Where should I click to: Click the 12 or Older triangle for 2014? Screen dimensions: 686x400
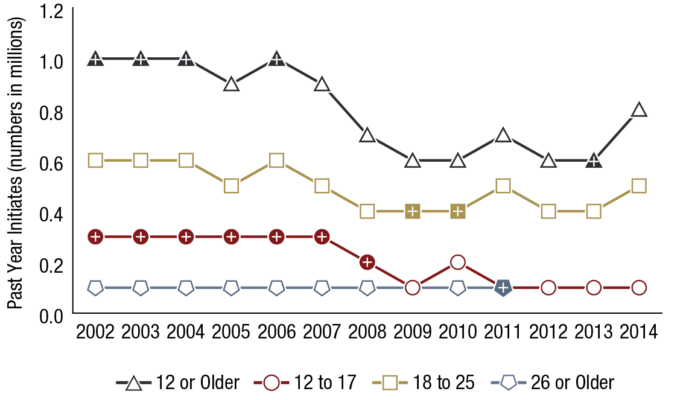639,110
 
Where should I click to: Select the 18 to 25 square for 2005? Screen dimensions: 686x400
231,186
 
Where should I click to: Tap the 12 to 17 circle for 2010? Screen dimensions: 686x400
457,262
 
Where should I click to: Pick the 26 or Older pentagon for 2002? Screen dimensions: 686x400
95,288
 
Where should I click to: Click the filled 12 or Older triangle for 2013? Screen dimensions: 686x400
594,160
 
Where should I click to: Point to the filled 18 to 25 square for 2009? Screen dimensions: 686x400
412,211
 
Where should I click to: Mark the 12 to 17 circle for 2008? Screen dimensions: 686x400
367,262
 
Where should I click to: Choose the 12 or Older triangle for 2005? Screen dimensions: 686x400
231,84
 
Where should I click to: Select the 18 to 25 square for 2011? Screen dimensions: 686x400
503,186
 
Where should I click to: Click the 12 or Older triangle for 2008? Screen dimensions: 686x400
367,135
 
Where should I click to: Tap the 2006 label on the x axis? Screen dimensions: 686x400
276,332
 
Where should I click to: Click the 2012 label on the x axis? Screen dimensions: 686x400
548,332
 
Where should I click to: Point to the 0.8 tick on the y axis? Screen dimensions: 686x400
53,112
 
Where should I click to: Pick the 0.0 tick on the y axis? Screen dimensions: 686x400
53,314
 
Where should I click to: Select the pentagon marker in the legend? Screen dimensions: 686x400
509,382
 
